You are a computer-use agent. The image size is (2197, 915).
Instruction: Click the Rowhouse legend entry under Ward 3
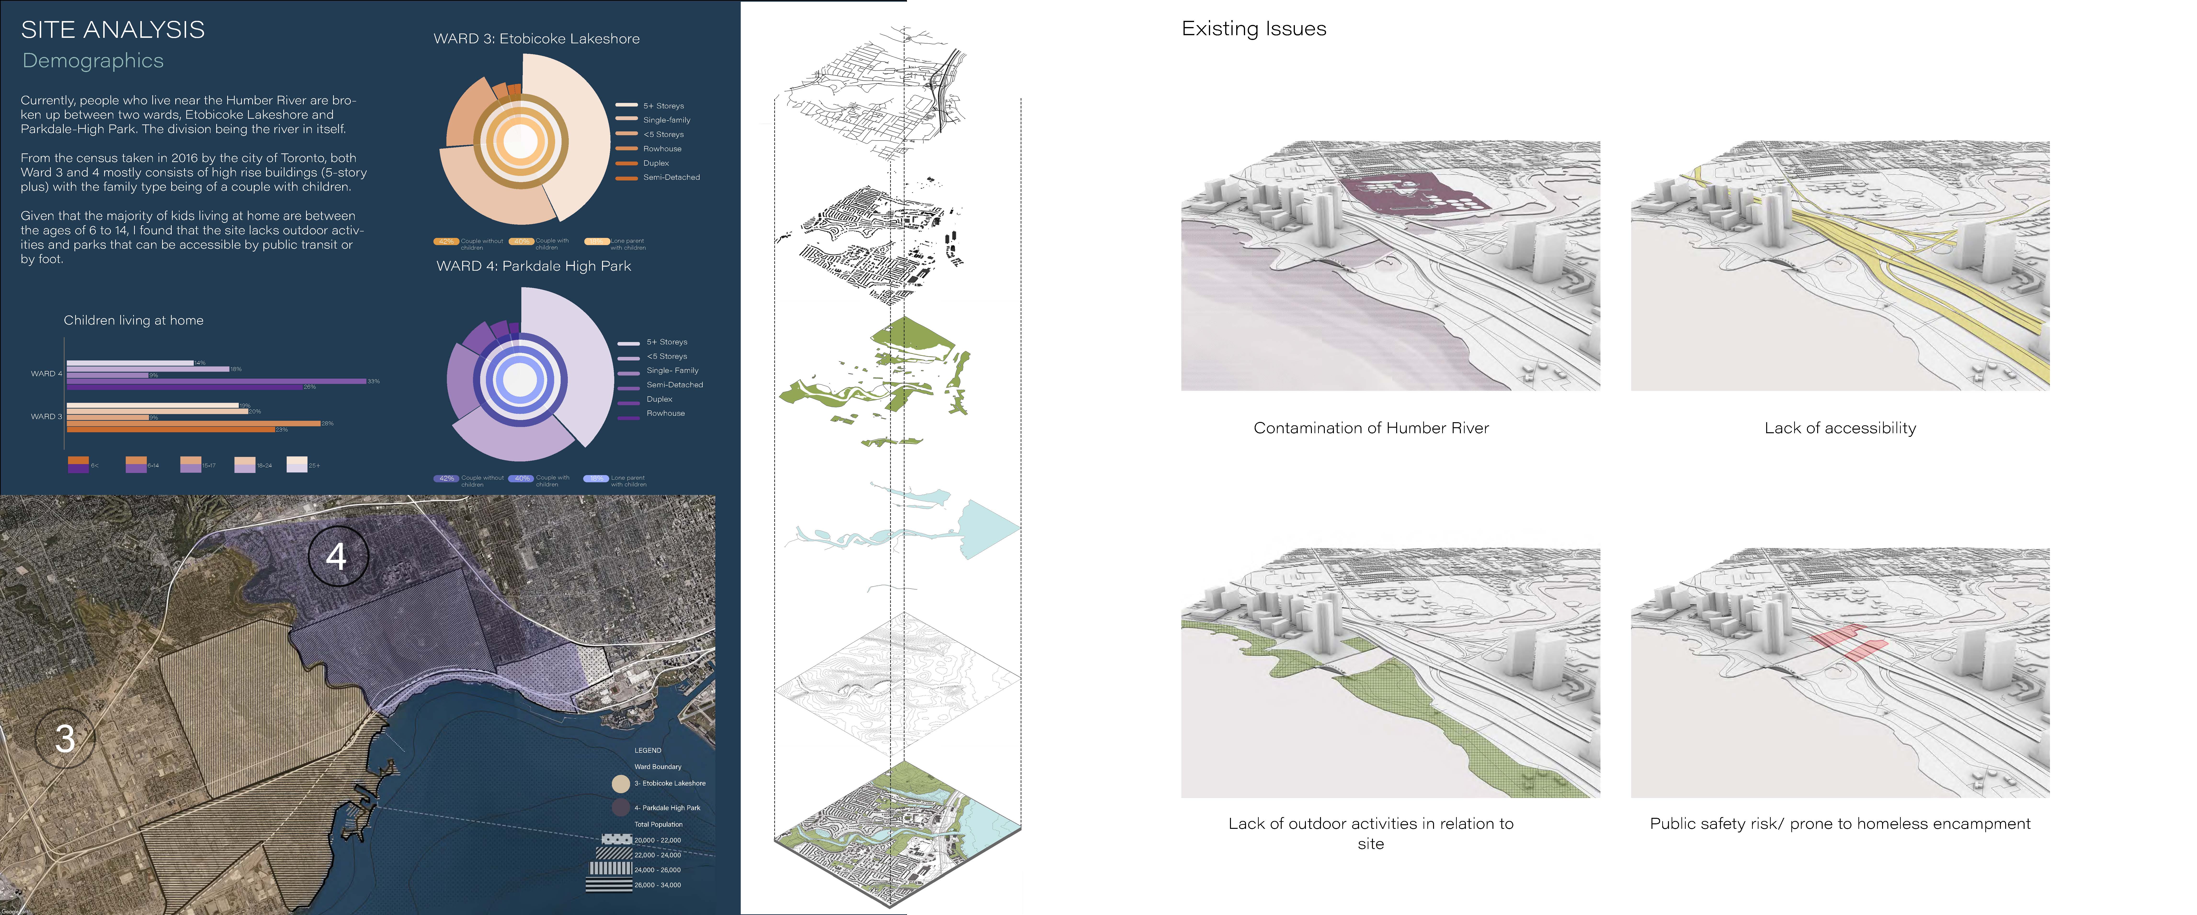662,148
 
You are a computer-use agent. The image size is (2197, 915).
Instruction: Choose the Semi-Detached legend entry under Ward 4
674,385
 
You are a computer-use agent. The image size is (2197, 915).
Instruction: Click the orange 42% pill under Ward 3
446,241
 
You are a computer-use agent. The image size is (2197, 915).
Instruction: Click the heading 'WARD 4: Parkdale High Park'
534,266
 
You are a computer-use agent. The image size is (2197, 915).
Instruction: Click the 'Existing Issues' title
1254,29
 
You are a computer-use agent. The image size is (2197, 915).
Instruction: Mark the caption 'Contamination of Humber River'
1371,428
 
